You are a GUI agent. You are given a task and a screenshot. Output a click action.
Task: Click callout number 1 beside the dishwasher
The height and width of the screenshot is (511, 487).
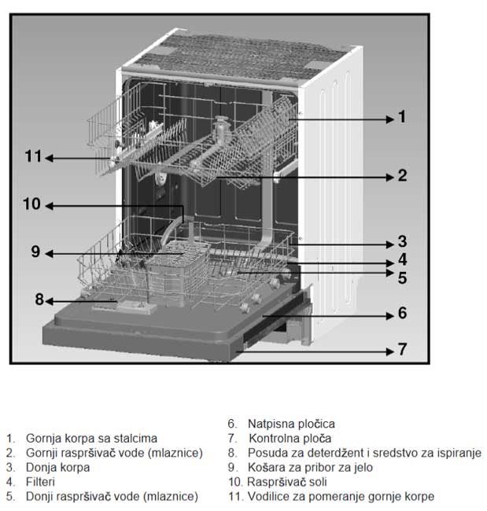click(x=401, y=118)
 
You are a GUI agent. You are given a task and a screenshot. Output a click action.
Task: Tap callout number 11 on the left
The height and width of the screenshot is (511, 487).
click(x=32, y=157)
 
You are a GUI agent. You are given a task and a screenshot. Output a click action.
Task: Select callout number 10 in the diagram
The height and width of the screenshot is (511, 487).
click(x=32, y=204)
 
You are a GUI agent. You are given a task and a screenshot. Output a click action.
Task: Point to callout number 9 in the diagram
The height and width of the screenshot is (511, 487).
click(x=35, y=252)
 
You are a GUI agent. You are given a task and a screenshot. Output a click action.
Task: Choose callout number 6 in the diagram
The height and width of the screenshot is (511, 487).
click(x=401, y=314)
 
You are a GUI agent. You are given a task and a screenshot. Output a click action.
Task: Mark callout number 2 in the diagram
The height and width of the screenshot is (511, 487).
click(x=401, y=175)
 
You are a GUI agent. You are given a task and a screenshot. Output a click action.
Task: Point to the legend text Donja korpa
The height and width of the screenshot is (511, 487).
click(x=57, y=467)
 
